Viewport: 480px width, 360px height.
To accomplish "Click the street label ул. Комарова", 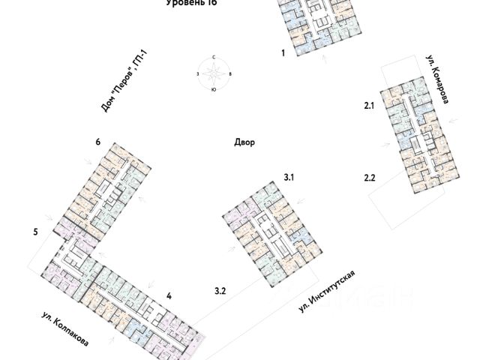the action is [x=437, y=79].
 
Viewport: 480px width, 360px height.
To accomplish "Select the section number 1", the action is [x=283, y=54].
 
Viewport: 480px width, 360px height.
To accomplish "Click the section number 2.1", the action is [x=369, y=107].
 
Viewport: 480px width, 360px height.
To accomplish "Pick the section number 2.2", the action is [x=369, y=178].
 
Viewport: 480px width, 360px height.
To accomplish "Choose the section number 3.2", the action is [x=220, y=290].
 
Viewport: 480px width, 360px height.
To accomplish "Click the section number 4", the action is [x=169, y=296].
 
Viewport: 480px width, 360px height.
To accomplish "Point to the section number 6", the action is [x=98, y=142].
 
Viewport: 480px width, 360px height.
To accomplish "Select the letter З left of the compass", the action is [x=197, y=73].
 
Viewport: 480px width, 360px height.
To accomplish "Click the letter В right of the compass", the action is [x=230, y=73].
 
